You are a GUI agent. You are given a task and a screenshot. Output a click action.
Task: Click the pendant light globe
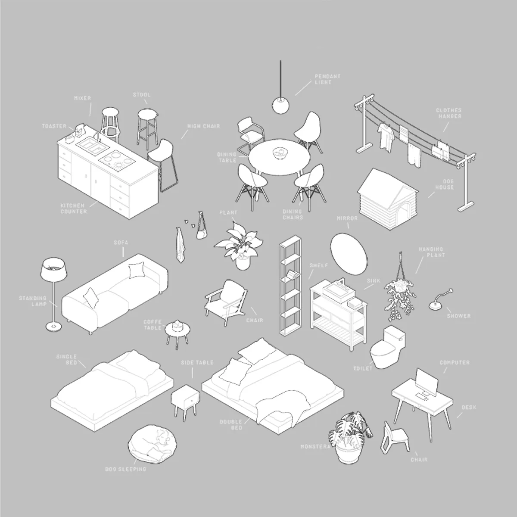coord(280,106)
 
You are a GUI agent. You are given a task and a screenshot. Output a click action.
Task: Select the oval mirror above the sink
coord(349,254)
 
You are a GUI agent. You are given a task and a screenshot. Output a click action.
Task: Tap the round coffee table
coord(178,331)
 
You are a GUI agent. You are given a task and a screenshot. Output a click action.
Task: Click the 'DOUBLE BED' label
coord(231,424)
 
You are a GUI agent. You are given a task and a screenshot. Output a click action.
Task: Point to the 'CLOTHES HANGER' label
coord(448,113)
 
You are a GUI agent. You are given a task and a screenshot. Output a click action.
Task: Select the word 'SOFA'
coord(121,243)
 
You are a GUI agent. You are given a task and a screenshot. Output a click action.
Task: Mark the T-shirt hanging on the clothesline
coord(386,137)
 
